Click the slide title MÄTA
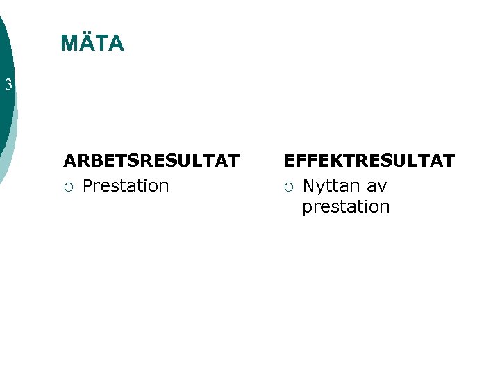[x=92, y=44]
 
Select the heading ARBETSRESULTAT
[x=151, y=161]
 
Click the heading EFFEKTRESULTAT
[x=369, y=161]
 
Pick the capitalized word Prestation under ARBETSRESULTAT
[x=126, y=186]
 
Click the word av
[x=377, y=186]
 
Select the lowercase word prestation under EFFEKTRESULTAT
[x=346, y=207]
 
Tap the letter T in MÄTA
[x=102, y=44]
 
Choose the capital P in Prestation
[x=87, y=186]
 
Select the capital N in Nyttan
[x=309, y=186]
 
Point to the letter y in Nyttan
[x=320, y=187]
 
